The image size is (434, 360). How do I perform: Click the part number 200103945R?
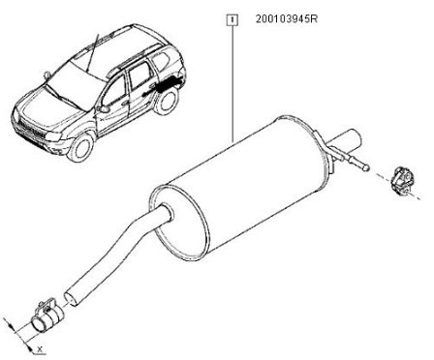point(287,19)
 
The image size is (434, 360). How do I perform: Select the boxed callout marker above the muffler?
point(232,20)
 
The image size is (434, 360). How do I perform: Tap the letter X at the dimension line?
point(40,348)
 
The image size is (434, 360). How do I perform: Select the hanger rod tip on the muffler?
point(366,167)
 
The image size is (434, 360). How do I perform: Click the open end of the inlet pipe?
point(71,298)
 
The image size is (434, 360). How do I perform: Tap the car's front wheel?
point(80,147)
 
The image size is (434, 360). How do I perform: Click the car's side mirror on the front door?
point(103,108)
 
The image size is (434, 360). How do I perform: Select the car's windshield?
point(75,81)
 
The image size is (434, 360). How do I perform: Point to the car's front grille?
point(32,132)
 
